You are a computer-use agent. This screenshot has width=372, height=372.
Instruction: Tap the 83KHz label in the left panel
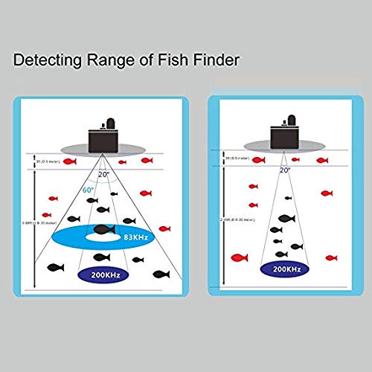click(135, 237)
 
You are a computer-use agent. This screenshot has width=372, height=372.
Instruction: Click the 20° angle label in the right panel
click(284, 170)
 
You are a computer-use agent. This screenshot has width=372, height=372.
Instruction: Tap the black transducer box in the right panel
click(283, 137)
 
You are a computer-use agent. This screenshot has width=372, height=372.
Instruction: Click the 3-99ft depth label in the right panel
click(231, 219)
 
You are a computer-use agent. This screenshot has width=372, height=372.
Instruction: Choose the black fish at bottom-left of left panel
click(54, 267)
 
